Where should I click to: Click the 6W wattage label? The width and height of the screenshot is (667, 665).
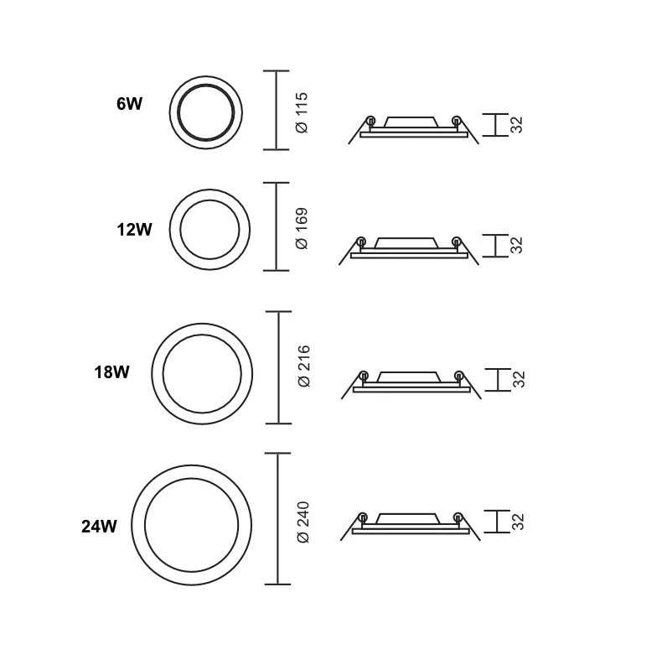click(130, 105)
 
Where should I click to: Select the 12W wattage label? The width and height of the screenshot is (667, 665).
click(134, 228)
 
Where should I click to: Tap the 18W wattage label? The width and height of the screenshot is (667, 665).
click(111, 371)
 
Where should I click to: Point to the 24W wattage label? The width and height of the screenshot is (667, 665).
click(98, 527)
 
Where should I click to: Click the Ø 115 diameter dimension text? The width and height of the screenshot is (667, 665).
click(303, 112)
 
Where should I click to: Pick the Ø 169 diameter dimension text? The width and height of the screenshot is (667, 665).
click(303, 227)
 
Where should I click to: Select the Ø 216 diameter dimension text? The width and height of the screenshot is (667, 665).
click(304, 366)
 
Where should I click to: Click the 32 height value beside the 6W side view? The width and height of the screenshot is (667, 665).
click(517, 125)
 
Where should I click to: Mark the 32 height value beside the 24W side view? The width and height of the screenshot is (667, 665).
click(517, 522)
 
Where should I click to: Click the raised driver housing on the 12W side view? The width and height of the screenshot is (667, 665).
click(407, 243)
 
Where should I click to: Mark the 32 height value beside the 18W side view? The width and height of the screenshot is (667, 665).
click(517, 379)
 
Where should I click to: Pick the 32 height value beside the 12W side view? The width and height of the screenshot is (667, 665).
click(517, 245)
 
